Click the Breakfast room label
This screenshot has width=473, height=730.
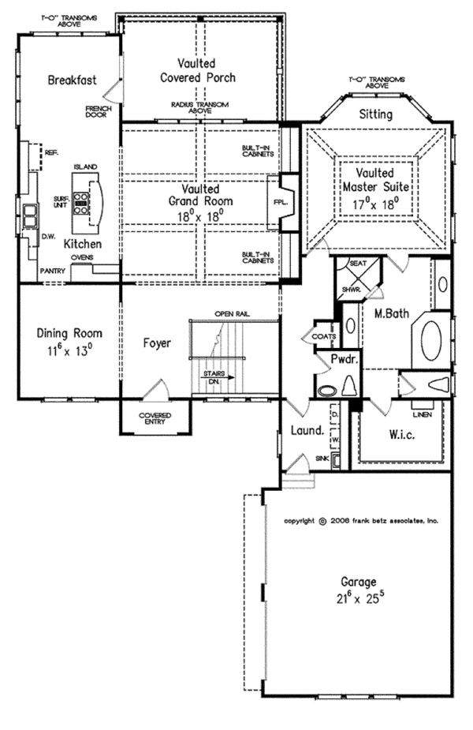pyautogui.click(x=72, y=80)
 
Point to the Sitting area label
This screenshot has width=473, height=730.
pyautogui.click(x=375, y=114)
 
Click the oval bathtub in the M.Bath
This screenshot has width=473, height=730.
pyautogui.click(x=432, y=340)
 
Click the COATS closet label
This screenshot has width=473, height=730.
pyautogui.click(x=323, y=337)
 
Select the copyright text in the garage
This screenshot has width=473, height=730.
pyautogui.click(x=361, y=522)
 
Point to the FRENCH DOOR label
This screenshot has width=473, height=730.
pyautogui.click(x=98, y=112)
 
